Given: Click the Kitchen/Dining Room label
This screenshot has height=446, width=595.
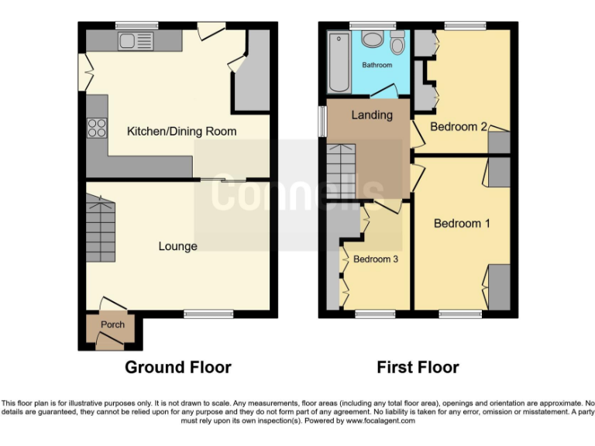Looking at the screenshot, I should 181,132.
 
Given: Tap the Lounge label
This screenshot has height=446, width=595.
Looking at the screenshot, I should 177,246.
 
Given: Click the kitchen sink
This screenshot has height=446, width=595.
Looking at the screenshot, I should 136,40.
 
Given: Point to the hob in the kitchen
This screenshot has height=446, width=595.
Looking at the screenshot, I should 97,128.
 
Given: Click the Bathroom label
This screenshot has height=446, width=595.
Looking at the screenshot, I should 377,65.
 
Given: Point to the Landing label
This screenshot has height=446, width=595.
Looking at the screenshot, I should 372,115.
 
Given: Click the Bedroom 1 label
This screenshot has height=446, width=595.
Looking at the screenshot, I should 462,224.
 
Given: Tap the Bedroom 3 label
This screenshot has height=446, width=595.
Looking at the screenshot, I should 376,259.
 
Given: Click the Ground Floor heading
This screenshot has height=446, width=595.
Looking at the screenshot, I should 178,367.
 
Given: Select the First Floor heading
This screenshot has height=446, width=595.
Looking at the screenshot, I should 418,367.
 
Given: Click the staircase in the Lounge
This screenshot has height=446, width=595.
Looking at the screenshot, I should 101,229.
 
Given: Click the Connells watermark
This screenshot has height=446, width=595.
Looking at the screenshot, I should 297,194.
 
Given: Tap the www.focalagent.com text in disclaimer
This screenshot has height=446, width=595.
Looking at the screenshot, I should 380,421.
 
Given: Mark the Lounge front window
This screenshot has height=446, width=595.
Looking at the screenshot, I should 208,314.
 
